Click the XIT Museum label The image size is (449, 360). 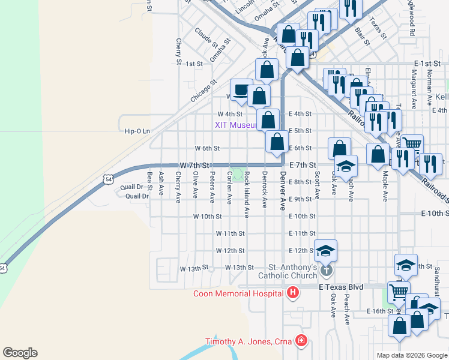click(x=237, y=125)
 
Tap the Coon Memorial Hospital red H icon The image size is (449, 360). click(x=292, y=293)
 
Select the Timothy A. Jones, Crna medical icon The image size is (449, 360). click(x=300, y=341)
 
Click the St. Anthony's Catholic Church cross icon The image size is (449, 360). click(x=326, y=270)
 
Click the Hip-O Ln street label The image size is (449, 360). click(x=136, y=131)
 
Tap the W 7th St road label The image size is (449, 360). click(x=194, y=165)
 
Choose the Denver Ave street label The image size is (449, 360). click(x=282, y=191)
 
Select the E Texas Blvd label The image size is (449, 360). click(x=341, y=287)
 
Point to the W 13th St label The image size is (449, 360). click(x=193, y=268)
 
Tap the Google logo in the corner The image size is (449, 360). click(x=20, y=353)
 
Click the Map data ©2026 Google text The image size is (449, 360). click(x=411, y=355)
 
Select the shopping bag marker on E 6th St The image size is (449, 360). click(x=277, y=142)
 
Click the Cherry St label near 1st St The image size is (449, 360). click(x=179, y=52)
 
